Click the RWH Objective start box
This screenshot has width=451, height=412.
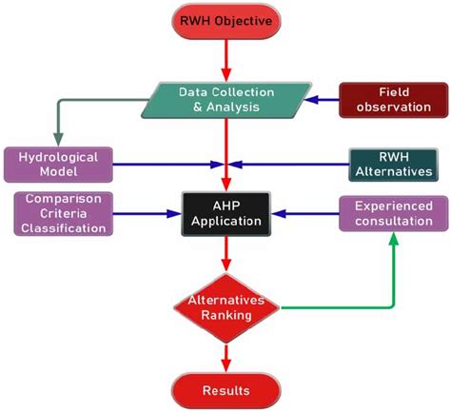tap(225, 21)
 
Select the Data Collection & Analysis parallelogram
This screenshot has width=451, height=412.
tap(225, 101)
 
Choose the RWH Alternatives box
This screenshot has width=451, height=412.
tap(392, 164)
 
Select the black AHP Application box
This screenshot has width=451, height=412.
tap(225, 212)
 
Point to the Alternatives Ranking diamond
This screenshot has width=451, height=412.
tap(225, 306)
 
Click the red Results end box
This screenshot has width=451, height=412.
tap(225, 389)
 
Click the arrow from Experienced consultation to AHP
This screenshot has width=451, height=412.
tap(304, 212)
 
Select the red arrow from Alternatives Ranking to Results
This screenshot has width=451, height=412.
tap(225, 355)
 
